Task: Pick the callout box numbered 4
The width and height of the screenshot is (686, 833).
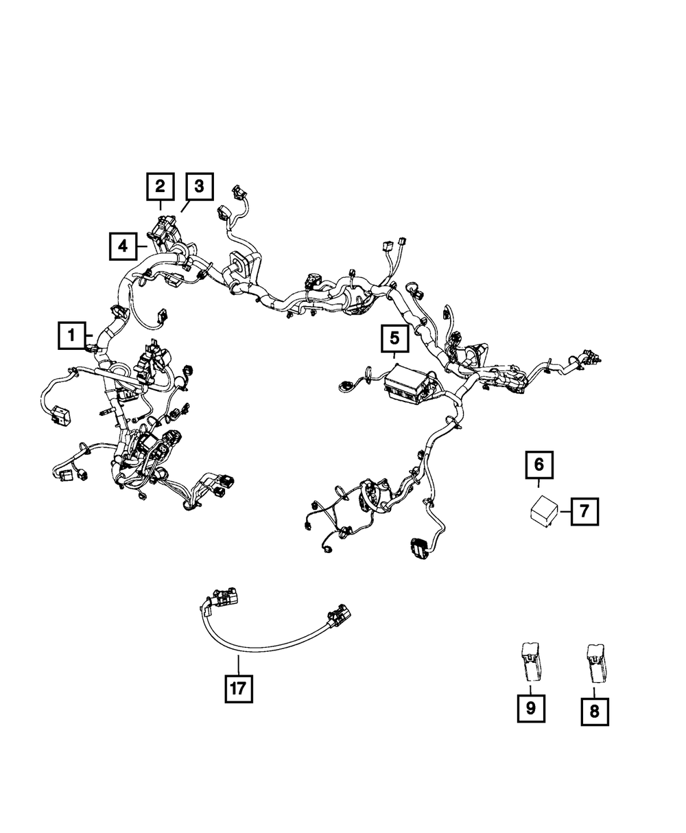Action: pyautogui.click(x=123, y=245)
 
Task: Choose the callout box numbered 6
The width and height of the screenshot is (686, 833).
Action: pyautogui.click(x=539, y=465)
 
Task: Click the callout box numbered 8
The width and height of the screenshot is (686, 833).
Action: pyautogui.click(x=594, y=712)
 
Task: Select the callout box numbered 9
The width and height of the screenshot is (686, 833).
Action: pyautogui.click(x=530, y=708)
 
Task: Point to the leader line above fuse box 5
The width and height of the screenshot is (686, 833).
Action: pyautogui.click(x=394, y=357)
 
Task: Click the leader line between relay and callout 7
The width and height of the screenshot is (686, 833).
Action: pyautogui.click(x=565, y=511)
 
